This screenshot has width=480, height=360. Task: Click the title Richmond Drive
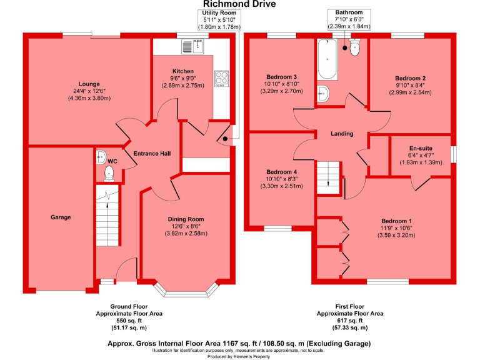(239, 4)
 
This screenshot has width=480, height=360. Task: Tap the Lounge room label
(89, 84)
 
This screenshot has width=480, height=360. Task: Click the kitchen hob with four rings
(221, 77)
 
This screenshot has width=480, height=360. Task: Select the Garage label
(61, 217)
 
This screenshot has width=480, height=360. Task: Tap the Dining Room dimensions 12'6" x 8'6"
(186, 226)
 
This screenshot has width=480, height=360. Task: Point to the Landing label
(342, 134)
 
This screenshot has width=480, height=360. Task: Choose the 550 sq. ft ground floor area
(129, 321)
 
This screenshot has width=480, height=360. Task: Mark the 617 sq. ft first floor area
(350, 321)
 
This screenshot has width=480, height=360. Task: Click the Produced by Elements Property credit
(240, 356)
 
